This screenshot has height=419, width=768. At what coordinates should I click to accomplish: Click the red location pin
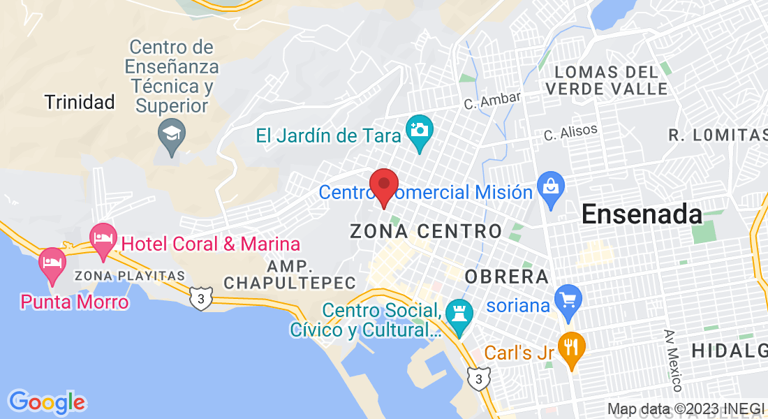tap(383, 186)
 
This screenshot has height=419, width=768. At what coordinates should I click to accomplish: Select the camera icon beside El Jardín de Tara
tap(420, 130)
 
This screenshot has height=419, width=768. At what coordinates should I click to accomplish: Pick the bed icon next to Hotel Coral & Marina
tap(103, 237)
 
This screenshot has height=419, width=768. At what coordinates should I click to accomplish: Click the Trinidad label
tap(80, 103)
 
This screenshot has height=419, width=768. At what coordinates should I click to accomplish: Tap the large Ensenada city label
tap(642, 214)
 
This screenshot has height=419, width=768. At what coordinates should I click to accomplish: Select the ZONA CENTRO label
tap(426, 231)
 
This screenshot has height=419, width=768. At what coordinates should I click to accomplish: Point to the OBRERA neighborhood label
tap(506, 276)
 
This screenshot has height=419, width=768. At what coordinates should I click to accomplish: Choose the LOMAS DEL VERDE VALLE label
tap(607, 80)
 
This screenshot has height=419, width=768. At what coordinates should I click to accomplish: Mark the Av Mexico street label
tap(672, 360)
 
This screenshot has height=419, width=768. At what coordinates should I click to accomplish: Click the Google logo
tap(47, 402)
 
